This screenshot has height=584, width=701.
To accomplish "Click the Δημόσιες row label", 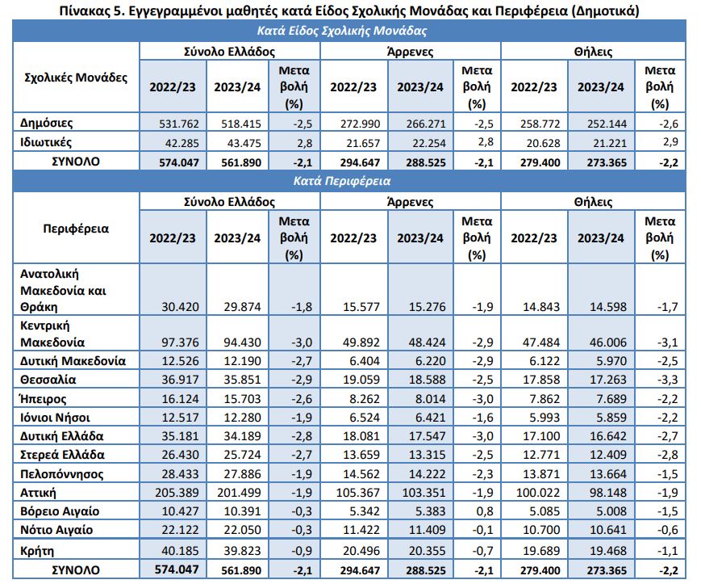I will click(x=47, y=124).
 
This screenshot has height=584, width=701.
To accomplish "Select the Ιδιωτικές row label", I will click(x=47, y=142).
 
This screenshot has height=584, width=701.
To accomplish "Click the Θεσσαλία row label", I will click(x=47, y=379).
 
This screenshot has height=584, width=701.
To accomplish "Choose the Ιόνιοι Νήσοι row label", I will click(x=55, y=417).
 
